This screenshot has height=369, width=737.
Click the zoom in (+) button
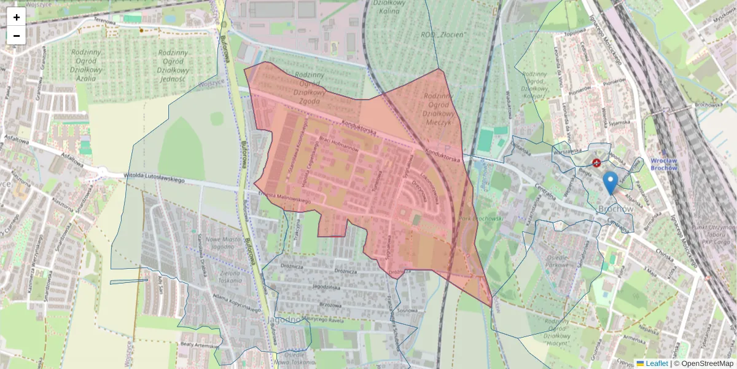(17, 17)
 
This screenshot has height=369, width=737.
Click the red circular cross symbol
(596, 162)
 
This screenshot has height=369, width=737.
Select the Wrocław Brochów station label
(663, 164)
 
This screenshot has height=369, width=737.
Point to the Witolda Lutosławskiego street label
(155, 179)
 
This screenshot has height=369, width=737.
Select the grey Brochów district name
(615, 209)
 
